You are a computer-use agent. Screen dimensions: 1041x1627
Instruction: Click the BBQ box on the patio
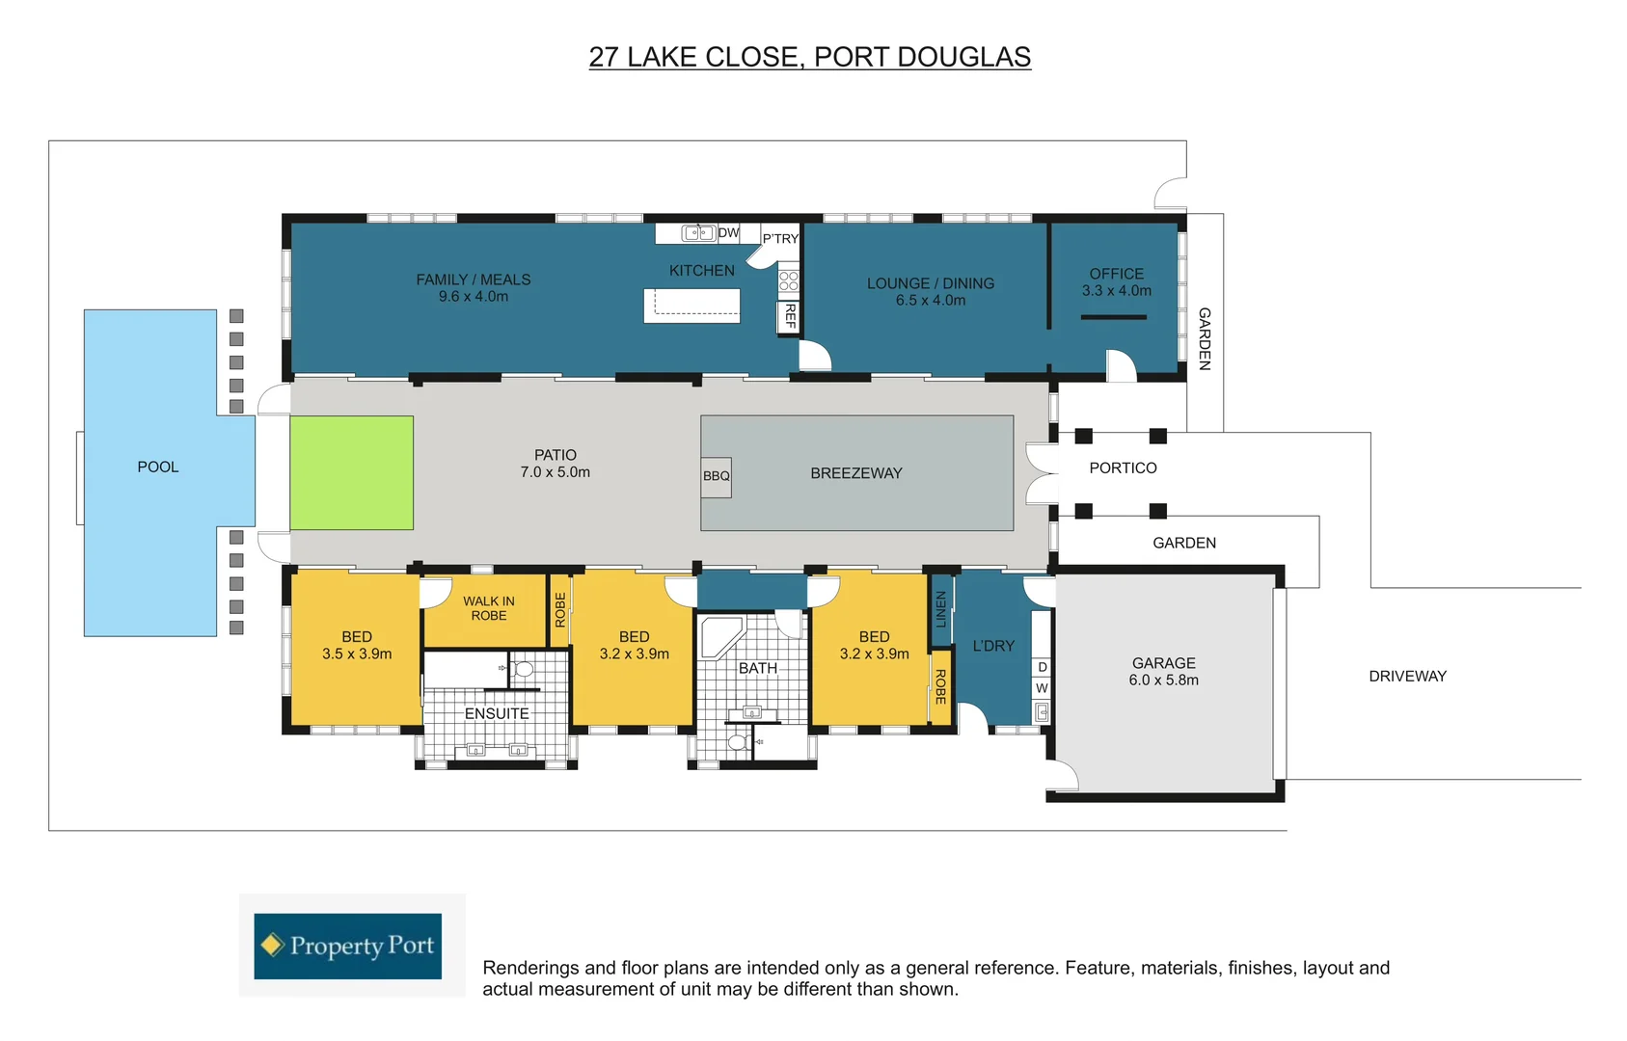(x=716, y=476)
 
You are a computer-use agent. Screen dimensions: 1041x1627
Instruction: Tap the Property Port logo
(x=348, y=946)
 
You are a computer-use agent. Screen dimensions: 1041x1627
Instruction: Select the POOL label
(x=158, y=467)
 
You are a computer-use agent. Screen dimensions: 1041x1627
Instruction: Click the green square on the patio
(x=352, y=472)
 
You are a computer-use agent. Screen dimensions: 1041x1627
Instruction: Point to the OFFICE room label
(x=1117, y=274)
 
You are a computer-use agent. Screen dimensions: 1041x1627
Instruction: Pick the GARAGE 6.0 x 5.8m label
(x=1164, y=671)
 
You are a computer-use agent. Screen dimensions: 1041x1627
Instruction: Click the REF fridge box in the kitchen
(x=790, y=316)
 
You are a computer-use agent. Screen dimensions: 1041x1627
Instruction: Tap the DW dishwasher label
(x=728, y=232)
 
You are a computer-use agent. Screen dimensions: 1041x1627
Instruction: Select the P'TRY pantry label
(x=780, y=238)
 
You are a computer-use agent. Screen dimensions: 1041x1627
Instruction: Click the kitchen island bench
(x=692, y=305)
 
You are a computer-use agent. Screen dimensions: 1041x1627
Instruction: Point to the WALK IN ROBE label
(x=489, y=608)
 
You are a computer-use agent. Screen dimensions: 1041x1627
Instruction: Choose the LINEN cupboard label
(x=941, y=609)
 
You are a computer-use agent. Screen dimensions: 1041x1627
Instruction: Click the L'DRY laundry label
(x=993, y=646)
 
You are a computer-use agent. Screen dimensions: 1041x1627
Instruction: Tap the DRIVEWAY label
(x=1407, y=677)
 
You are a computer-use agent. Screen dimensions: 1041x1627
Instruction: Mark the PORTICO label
(x=1123, y=468)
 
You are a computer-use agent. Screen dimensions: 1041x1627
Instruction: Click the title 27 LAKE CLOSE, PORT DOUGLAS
(x=810, y=58)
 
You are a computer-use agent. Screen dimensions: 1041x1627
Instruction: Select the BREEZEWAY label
(x=856, y=473)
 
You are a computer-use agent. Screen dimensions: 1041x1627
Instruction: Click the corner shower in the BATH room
(x=719, y=637)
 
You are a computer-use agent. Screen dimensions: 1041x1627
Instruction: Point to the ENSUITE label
(x=497, y=714)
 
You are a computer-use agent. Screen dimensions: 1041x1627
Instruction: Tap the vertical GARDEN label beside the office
(x=1205, y=339)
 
